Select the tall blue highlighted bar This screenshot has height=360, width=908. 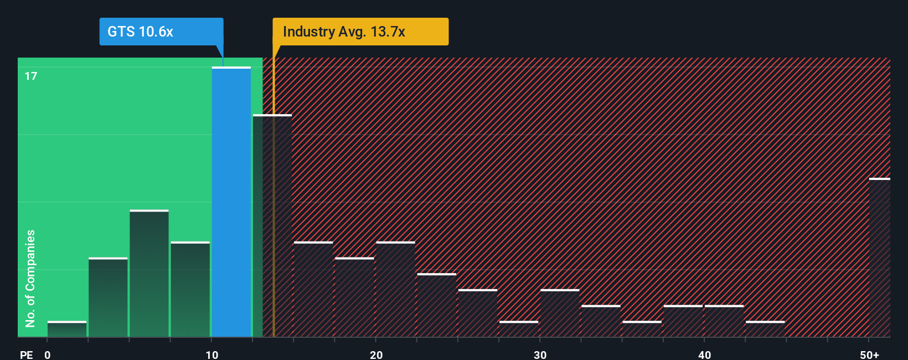(x=231, y=202)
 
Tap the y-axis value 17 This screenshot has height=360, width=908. (x=31, y=76)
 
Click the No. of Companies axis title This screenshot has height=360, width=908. (x=30, y=278)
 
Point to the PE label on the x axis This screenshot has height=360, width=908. (x=26, y=354)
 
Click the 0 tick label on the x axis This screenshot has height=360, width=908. (x=48, y=354)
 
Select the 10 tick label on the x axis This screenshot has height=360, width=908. (x=212, y=354)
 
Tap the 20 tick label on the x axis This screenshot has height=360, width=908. (x=376, y=354)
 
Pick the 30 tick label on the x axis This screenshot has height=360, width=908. (x=540, y=354)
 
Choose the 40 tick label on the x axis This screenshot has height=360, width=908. (x=704, y=354)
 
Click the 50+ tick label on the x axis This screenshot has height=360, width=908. (x=869, y=354)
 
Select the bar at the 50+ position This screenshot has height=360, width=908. (x=879, y=258)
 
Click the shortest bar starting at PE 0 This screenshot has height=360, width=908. (x=67, y=329)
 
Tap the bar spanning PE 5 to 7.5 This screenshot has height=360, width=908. (x=149, y=274)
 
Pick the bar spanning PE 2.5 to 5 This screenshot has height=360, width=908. (x=108, y=297)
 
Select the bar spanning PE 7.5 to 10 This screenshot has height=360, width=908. (x=190, y=289)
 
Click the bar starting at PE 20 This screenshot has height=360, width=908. (x=395, y=289)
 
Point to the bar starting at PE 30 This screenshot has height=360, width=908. (x=560, y=313)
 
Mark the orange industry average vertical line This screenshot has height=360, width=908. (x=274, y=222)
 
